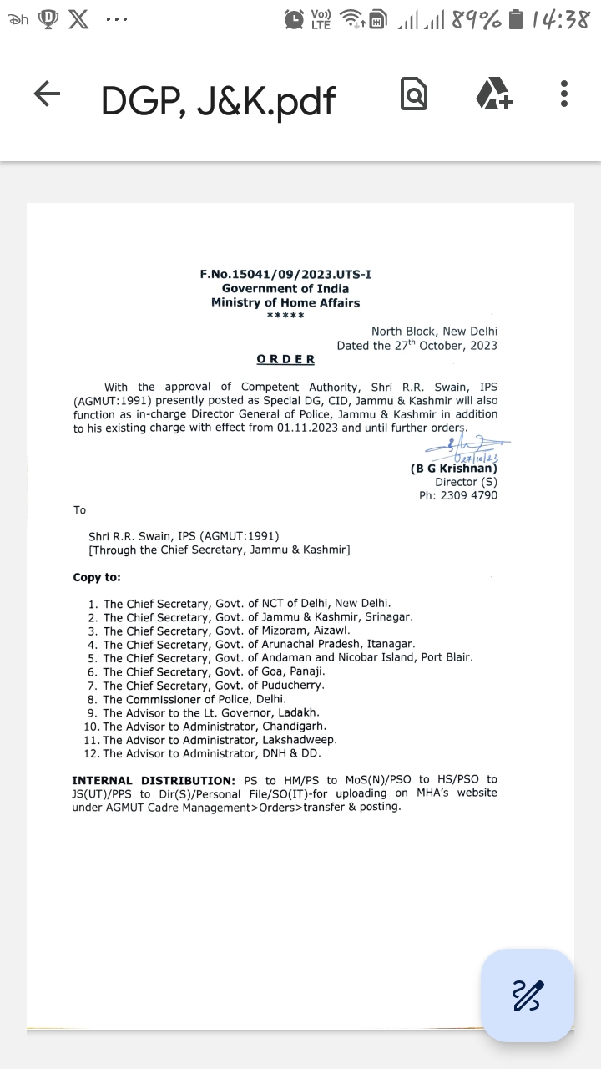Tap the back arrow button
coord(47,94)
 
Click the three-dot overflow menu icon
coord(564,94)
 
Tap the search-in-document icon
coord(414,94)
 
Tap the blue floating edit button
coord(528,995)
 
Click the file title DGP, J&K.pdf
coord(218,100)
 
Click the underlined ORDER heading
coord(285,359)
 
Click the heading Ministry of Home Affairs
coord(285,302)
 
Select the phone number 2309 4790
coord(469,495)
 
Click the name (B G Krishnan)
coord(453,469)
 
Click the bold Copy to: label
coord(97,577)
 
